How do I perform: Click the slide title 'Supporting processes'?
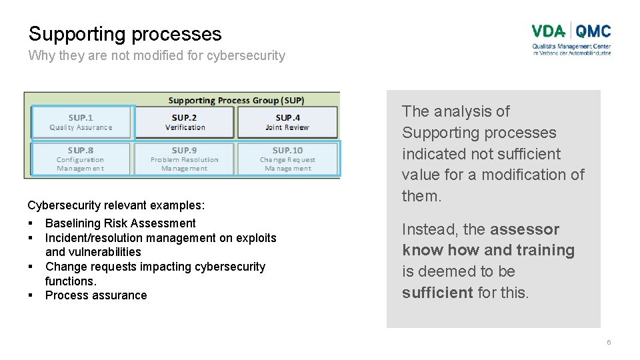[125, 34]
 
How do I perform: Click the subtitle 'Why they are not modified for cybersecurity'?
[157, 56]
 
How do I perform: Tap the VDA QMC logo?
[571, 39]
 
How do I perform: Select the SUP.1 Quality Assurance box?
[81, 122]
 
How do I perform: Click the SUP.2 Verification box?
[185, 122]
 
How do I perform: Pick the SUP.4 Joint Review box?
[287, 122]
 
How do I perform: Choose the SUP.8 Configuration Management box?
[81, 159]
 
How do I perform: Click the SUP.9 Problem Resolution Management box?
[185, 159]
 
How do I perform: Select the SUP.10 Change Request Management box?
[287, 159]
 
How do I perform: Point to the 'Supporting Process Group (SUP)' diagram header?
[236, 101]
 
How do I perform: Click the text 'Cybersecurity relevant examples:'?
[116, 205]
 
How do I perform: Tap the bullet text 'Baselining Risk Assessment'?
[120, 223]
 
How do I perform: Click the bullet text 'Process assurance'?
[96, 295]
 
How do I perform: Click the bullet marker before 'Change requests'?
[31, 267]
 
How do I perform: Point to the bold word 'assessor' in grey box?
[524, 229]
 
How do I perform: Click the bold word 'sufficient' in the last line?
[437, 293]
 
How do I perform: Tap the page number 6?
[608, 343]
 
